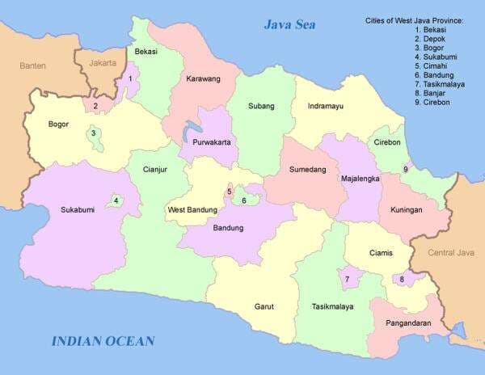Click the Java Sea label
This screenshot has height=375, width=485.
pyautogui.click(x=289, y=24)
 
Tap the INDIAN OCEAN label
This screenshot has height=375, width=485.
pyautogui.click(x=103, y=341)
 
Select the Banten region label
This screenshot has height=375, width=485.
pyautogui.click(x=32, y=65)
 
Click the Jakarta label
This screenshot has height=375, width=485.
pyautogui.click(x=103, y=62)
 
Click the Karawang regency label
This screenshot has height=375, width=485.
pyautogui.click(x=202, y=79)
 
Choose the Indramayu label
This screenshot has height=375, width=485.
pyautogui.click(x=326, y=106)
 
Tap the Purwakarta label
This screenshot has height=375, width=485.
pyautogui.click(x=212, y=141)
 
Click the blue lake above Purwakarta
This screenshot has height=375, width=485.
pyautogui.click(x=191, y=130)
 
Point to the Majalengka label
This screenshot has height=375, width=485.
pyautogui.click(x=361, y=179)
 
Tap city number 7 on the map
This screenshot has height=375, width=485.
pyautogui.click(x=347, y=280)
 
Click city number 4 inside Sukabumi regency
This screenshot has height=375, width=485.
pyautogui.click(x=116, y=201)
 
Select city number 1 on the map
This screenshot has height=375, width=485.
pyautogui.click(x=129, y=79)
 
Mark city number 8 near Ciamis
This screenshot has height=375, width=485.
pyautogui.click(x=402, y=280)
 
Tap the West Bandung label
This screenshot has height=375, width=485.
pyautogui.click(x=192, y=210)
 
